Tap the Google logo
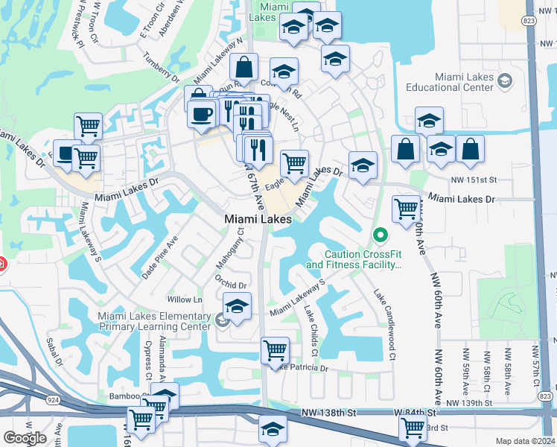tap(25, 438)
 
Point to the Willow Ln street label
tap(185, 299)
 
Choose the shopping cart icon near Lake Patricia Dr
tap(275, 349)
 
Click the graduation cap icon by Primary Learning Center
tap(237, 306)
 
